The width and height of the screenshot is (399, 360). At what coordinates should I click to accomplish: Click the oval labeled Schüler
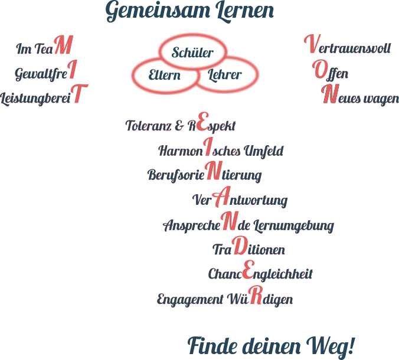click(x=192, y=53)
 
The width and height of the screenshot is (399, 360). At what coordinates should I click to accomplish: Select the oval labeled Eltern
click(x=165, y=75)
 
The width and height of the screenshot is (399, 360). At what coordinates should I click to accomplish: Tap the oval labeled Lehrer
click(x=225, y=75)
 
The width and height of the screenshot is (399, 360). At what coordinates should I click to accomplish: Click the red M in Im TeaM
click(x=67, y=46)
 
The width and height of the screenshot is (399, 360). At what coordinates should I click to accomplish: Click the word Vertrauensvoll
click(x=347, y=47)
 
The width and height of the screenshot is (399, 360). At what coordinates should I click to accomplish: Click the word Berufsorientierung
click(x=204, y=175)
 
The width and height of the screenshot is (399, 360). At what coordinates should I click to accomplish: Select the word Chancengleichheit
click(x=260, y=274)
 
